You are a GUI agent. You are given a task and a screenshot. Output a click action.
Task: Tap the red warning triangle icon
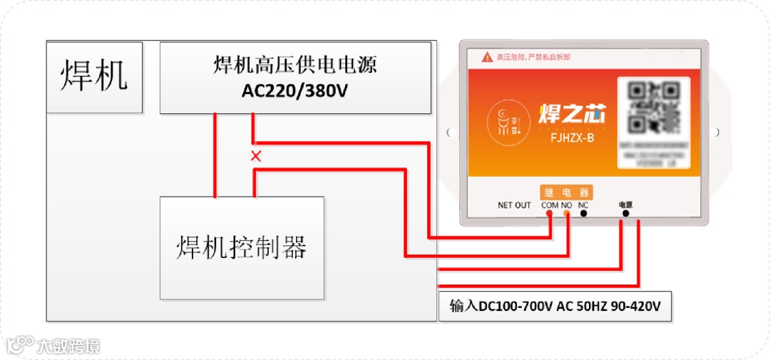[x=487, y=56]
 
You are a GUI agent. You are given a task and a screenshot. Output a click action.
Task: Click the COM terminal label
[x=550, y=205]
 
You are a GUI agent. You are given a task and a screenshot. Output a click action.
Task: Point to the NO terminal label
[x=567, y=205]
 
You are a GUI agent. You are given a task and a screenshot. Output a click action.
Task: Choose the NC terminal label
[x=583, y=205]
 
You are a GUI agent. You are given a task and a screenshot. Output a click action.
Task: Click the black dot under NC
[x=584, y=214]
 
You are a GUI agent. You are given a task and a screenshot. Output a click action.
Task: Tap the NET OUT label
[x=514, y=205]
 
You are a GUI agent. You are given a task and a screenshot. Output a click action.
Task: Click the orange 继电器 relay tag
[x=566, y=192]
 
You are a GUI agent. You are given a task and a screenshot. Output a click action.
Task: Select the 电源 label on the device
[x=625, y=205]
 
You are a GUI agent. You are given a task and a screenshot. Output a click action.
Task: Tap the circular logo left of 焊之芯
[x=508, y=119]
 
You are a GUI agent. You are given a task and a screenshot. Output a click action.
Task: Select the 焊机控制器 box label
[x=242, y=248]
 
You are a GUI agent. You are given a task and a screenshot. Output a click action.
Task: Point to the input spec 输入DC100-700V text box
[x=555, y=307]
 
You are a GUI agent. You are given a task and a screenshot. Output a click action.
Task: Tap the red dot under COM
[x=550, y=214]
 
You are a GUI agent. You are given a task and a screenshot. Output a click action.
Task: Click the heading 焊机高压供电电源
[x=295, y=66]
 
